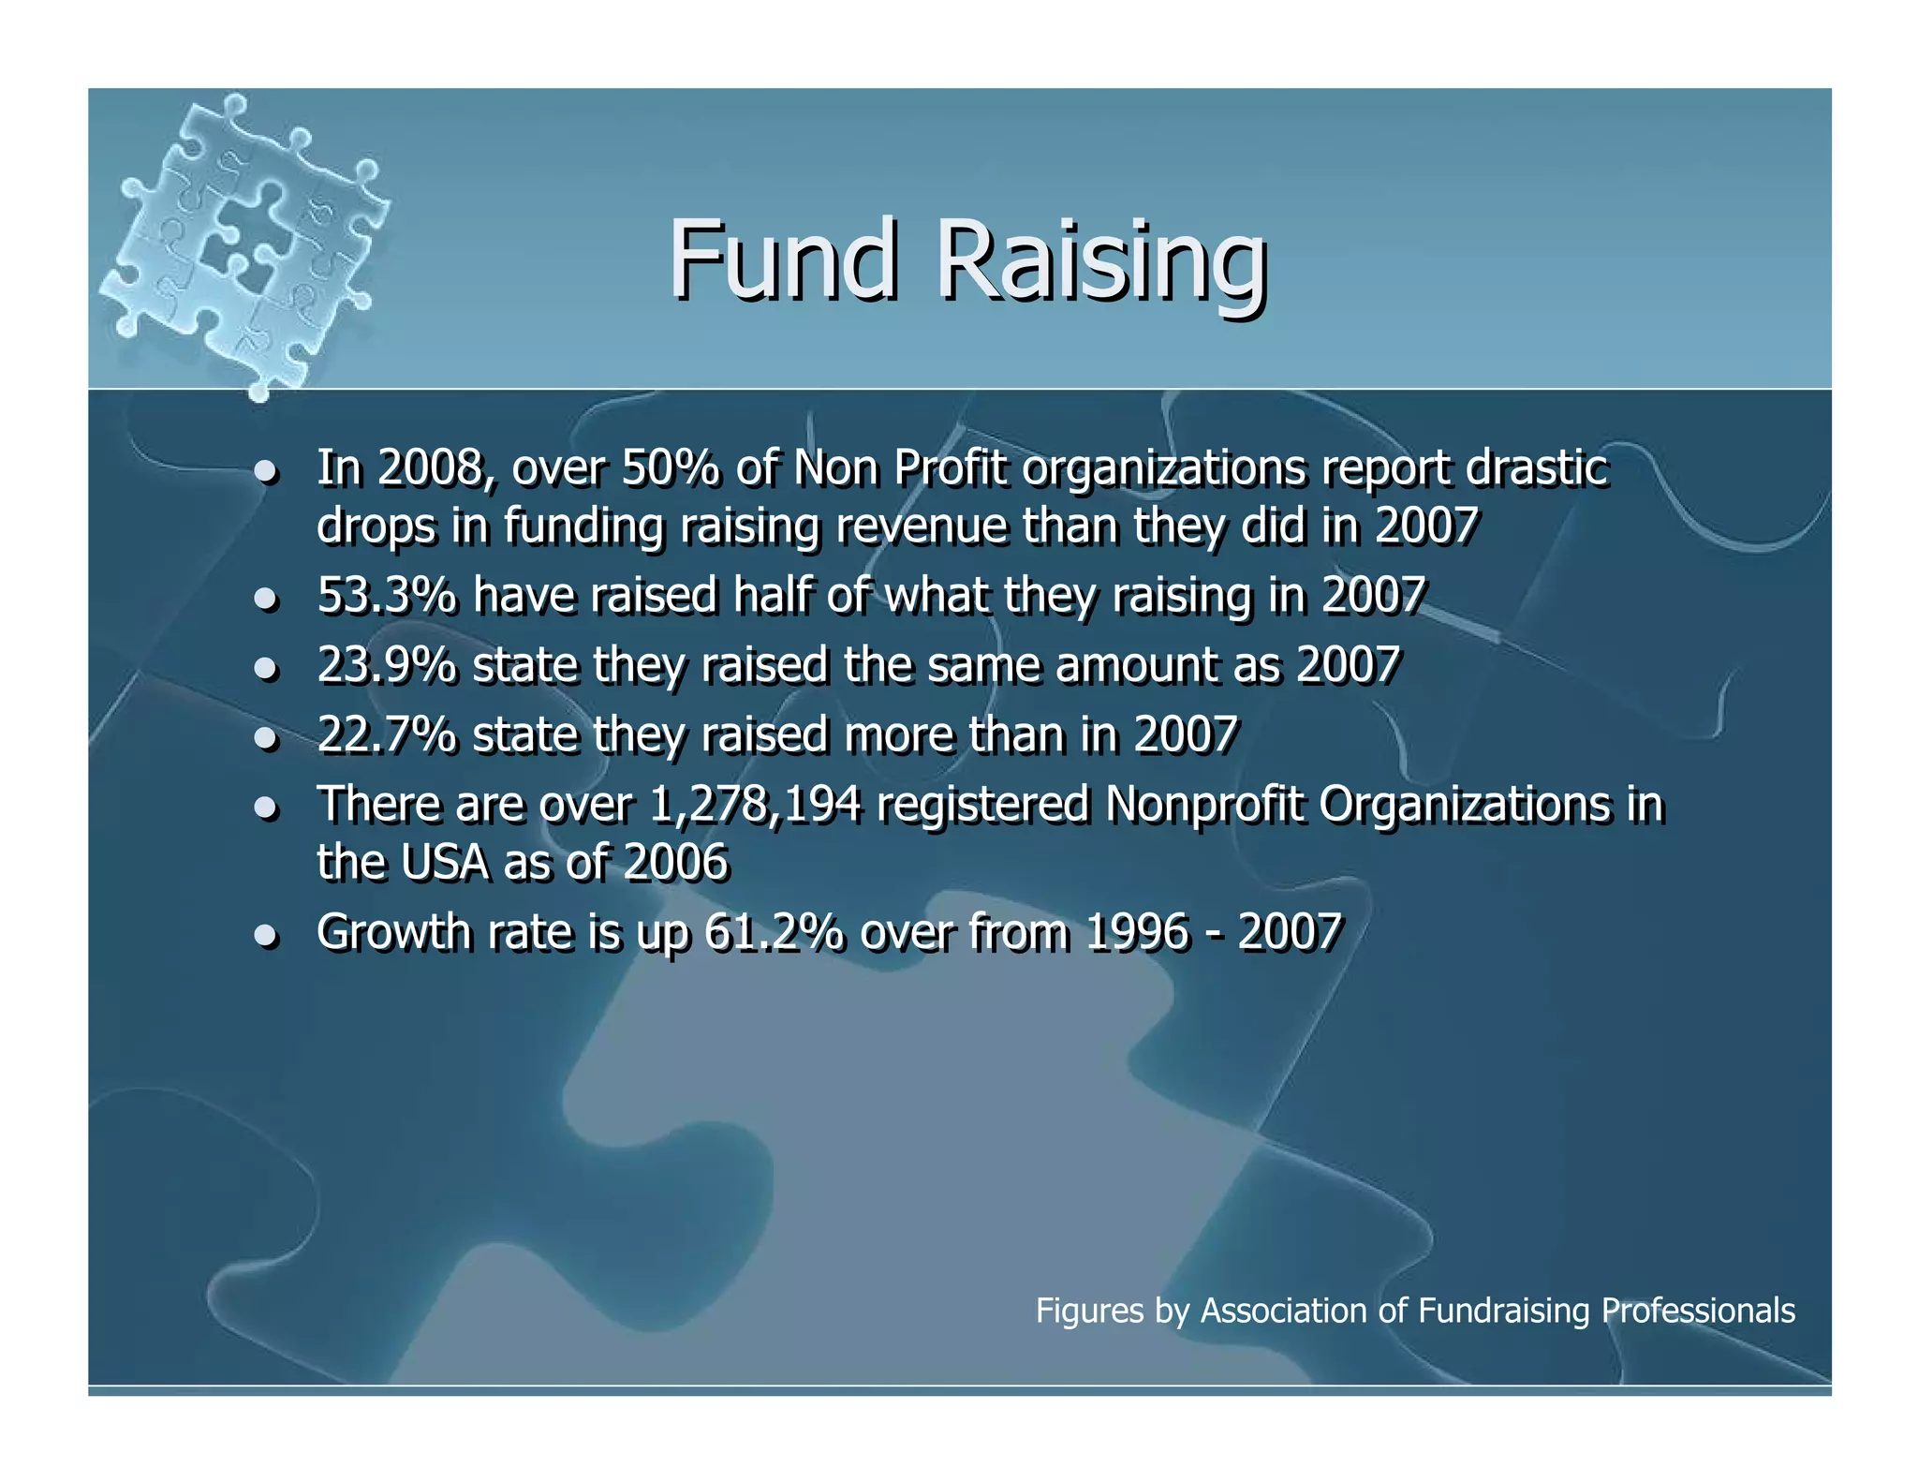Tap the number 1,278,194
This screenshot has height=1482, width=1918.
(754, 805)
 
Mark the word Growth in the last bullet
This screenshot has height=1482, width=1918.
(394, 932)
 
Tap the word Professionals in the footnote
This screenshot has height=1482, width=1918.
(1698, 1310)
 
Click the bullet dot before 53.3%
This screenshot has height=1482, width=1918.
(267, 598)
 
